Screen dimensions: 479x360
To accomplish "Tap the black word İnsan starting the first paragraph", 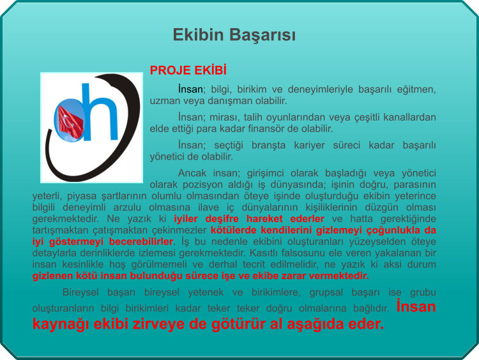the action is coord(190,89).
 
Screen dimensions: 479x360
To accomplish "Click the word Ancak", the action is coord(191,173).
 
